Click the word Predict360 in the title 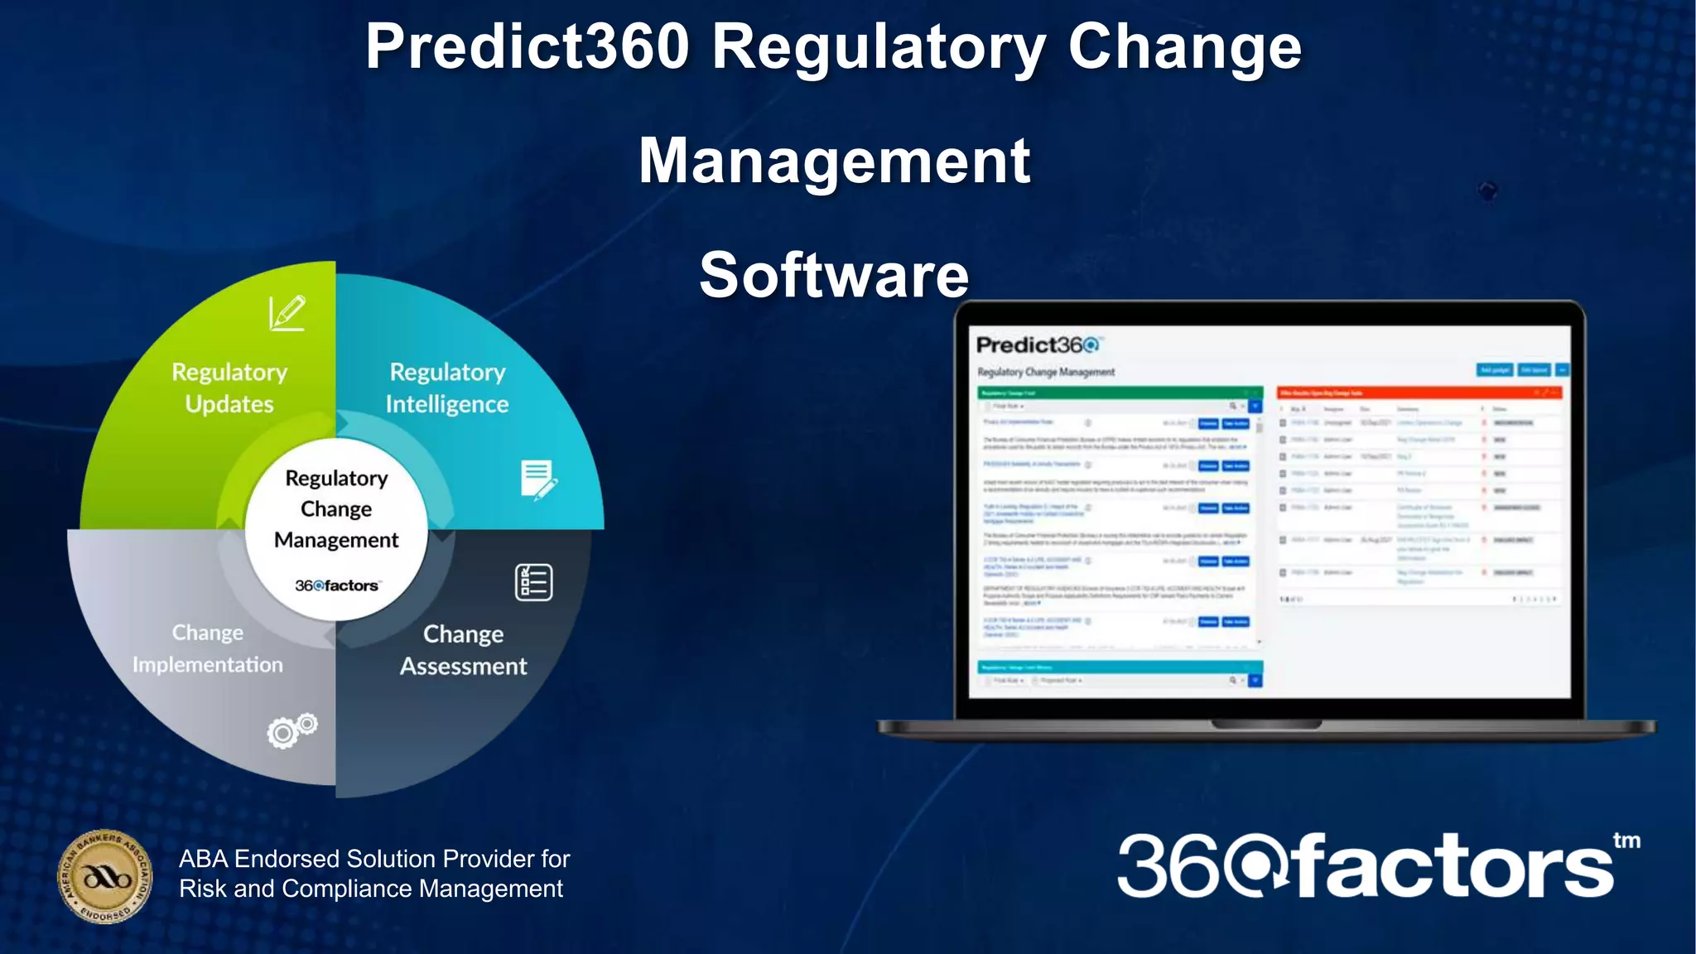point(528,46)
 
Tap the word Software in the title point(834,275)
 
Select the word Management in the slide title point(834,161)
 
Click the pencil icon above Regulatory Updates point(287,313)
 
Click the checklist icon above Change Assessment point(533,582)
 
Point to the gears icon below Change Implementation point(291,730)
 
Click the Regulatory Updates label point(229,388)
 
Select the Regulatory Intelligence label point(447,388)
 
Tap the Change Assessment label point(463,650)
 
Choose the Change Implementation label point(208,648)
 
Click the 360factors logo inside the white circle point(337,585)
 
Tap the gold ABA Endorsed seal point(105,877)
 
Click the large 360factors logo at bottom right point(1366,866)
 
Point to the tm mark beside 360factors point(1626,841)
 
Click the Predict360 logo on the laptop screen point(1038,344)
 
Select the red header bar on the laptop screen point(1419,393)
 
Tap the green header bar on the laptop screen point(1119,393)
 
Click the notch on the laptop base point(1266,725)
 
